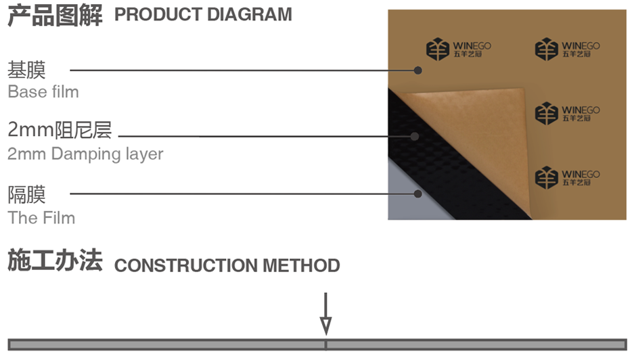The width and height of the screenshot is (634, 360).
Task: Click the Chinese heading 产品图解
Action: [x=55, y=16]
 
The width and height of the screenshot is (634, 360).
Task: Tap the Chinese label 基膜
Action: [x=27, y=70]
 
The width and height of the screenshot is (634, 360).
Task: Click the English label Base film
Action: [x=43, y=91]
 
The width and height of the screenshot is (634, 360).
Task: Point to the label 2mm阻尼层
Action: [x=60, y=130]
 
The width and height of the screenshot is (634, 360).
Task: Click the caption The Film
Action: [x=41, y=217]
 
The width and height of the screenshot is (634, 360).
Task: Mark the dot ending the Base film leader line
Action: [x=418, y=70]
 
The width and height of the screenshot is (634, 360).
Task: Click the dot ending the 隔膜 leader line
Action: [x=418, y=194]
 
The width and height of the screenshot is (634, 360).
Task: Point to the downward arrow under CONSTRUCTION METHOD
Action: [x=325, y=315]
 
